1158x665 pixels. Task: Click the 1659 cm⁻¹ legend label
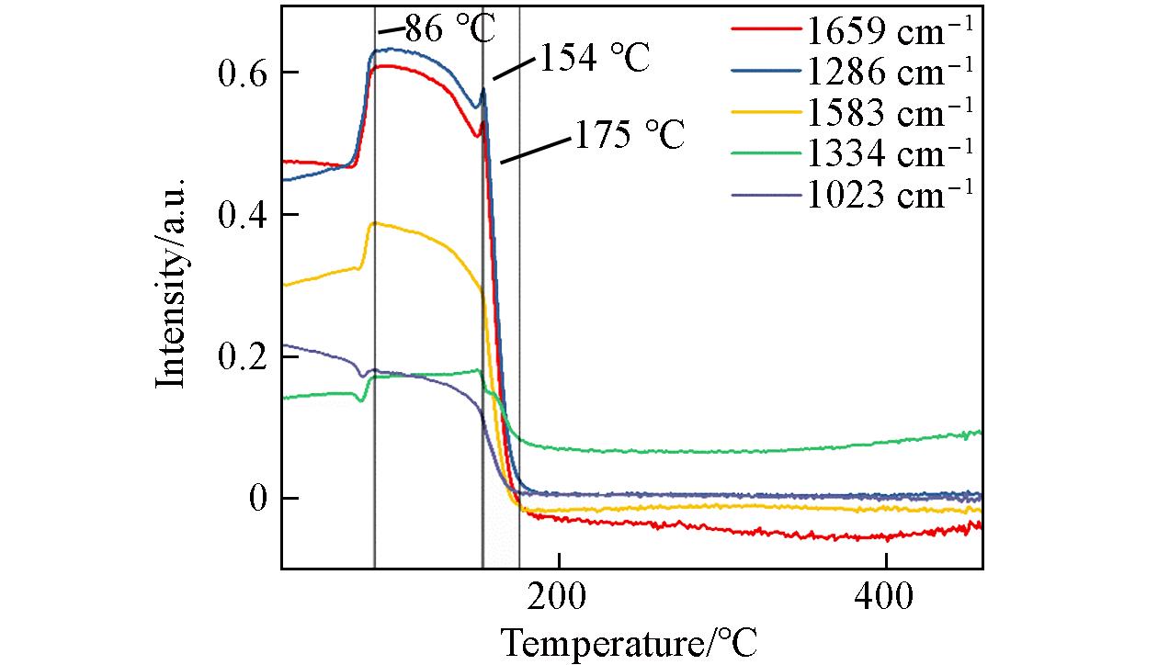click(889, 32)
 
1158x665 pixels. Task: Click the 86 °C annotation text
click(449, 28)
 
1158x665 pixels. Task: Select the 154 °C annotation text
click(592, 60)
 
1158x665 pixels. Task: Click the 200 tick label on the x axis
click(558, 598)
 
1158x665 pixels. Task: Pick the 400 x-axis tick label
click(883, 598)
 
